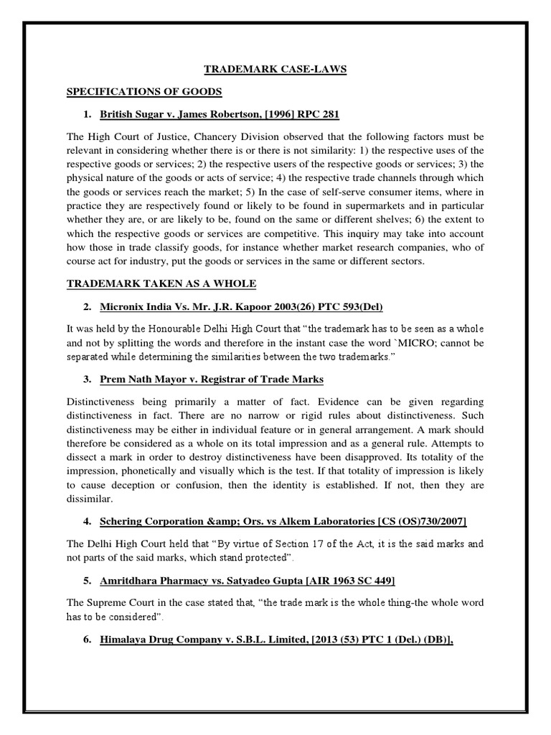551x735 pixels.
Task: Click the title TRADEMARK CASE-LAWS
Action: click(275, 70)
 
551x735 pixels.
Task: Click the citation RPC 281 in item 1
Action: click(319, 114)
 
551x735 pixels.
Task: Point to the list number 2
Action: click(87, 307)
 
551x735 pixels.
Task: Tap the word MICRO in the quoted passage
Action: click(418, 344)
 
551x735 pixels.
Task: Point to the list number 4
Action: click(87, 520)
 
